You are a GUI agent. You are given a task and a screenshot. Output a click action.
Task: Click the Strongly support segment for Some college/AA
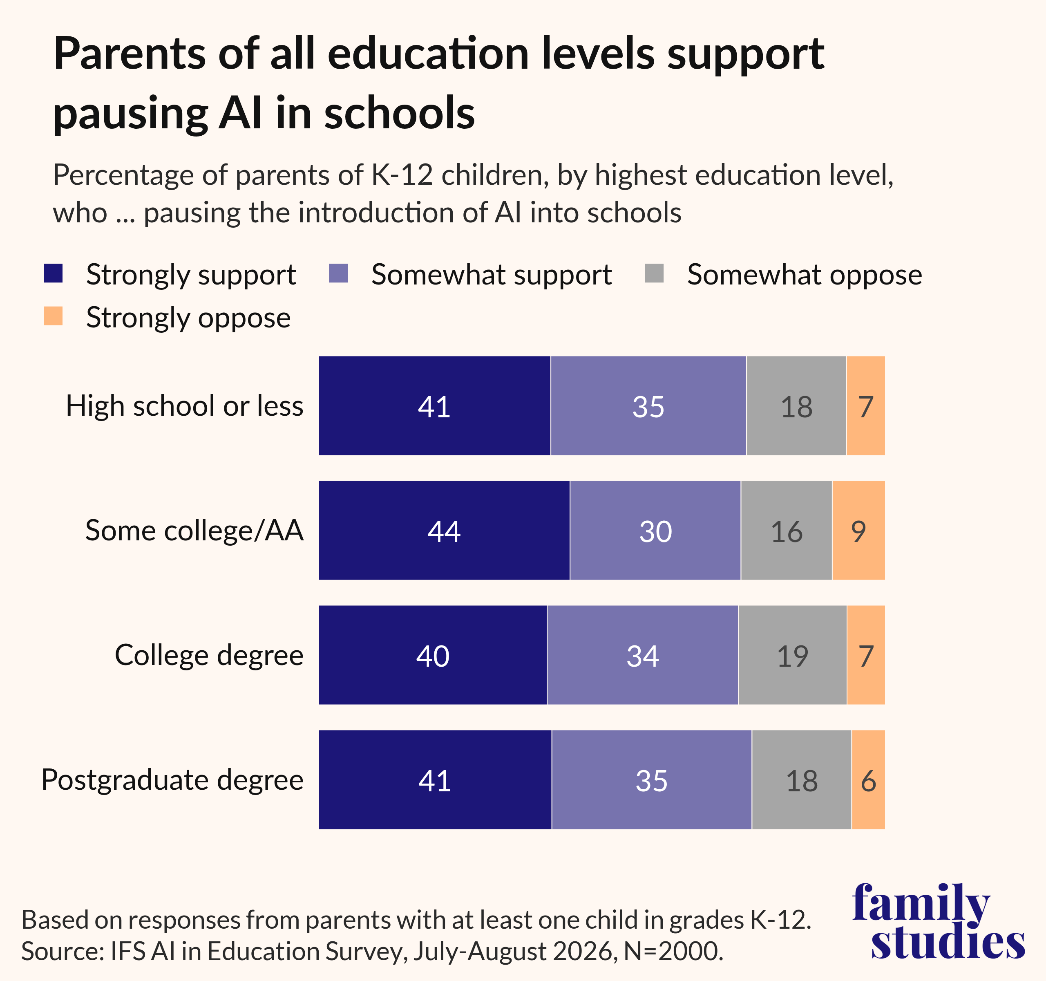[444, 530]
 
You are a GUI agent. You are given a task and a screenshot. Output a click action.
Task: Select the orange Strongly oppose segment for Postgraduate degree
[868, 779]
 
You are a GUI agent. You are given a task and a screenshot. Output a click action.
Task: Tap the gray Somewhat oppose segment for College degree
[792, 655]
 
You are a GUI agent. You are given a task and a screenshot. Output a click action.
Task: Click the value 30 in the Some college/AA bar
[656, 531]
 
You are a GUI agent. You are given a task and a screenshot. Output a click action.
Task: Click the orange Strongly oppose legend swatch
[53, 316]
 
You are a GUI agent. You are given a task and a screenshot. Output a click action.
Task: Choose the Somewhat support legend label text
[492, 275]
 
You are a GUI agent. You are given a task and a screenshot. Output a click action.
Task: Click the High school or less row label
[185, 406]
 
